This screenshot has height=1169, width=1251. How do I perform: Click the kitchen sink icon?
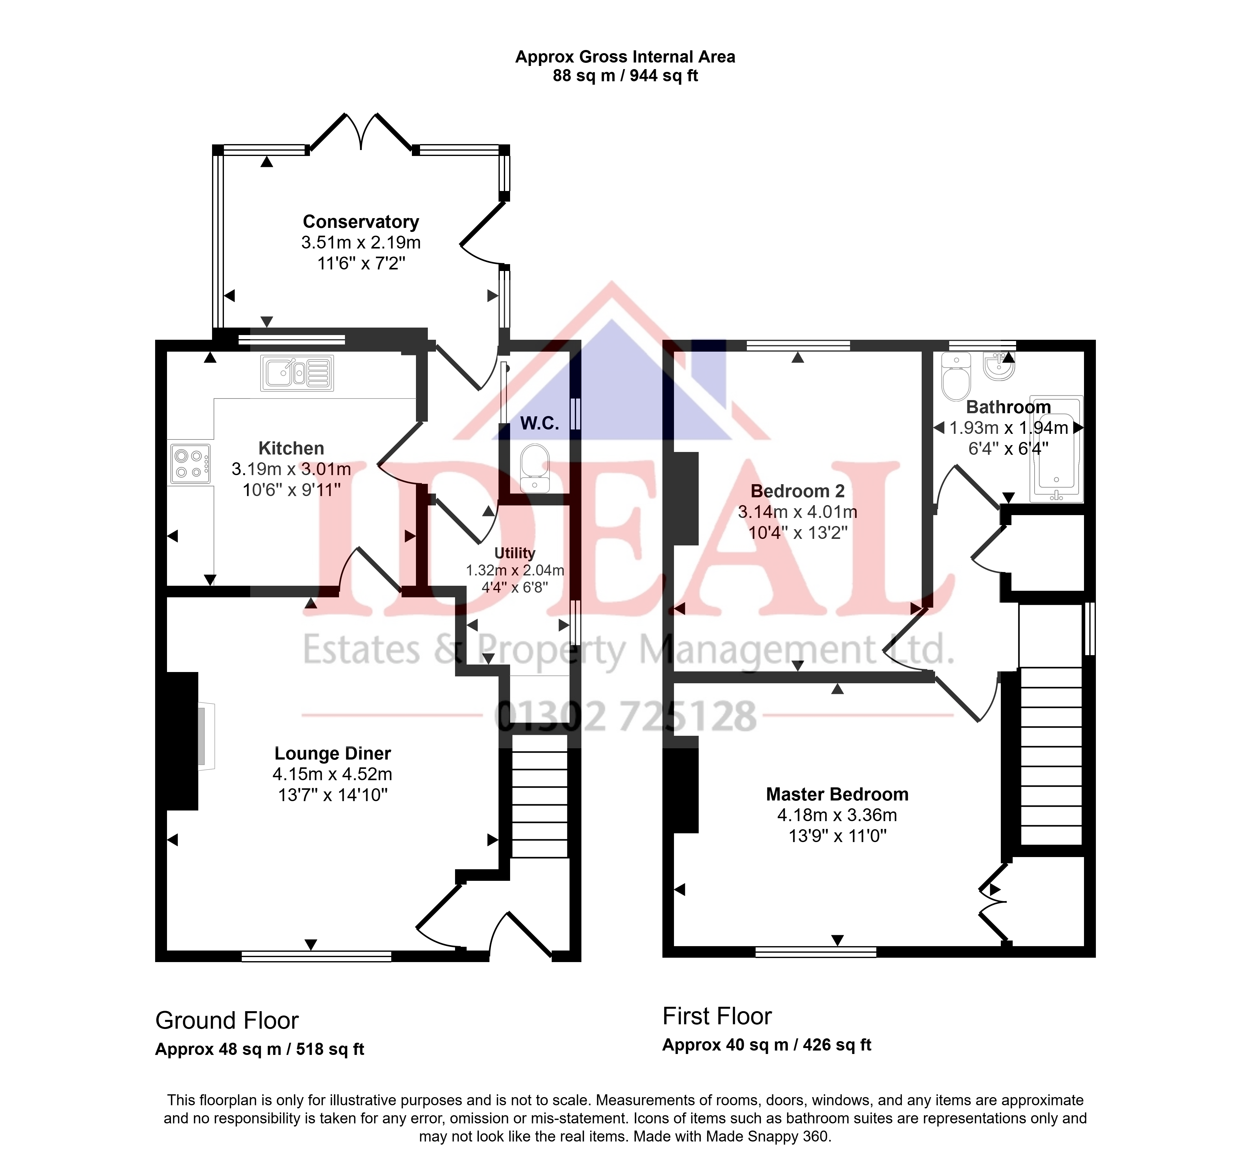click(297, 373)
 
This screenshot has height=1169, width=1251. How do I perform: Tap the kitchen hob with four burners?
click(190, 464)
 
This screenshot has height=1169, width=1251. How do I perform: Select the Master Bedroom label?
click(837, 794)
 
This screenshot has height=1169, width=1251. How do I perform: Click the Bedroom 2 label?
click(797, 491)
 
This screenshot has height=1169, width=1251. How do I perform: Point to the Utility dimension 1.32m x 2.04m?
click(515, 570)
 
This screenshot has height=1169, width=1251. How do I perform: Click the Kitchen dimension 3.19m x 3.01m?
click(291, 469)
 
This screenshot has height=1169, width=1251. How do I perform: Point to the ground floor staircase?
click(540, 797)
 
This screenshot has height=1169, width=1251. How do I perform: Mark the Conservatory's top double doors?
click(361, 132)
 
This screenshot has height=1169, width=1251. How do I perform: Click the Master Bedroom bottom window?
click(816, 952)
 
